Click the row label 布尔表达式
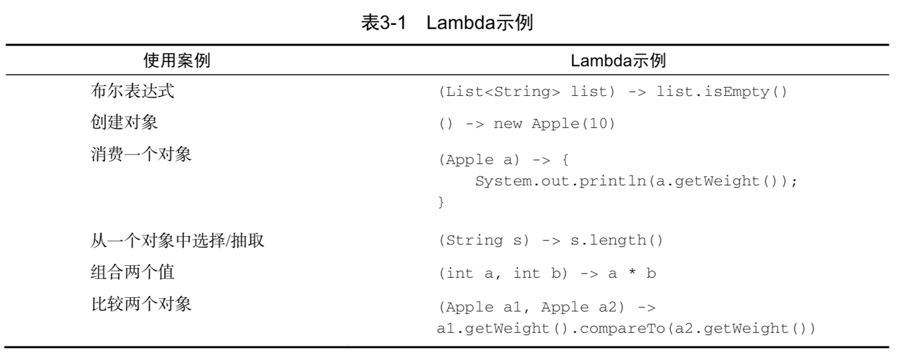pyautogui.click(x=133, y=92)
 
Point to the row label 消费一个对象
pyautogui.click(x=141, y=154)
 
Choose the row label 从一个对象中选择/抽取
pyautogui.click(x=178, y=240)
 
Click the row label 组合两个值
pyautogui.click(x=133, y=272)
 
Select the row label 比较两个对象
pyautogui.click(x=141, y=305)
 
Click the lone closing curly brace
pyautogui.click(x=442, y=202)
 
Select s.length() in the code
pyautogui.click(x=617, y=240)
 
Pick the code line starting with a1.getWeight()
pyautogui.click(x=626, y=328)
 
